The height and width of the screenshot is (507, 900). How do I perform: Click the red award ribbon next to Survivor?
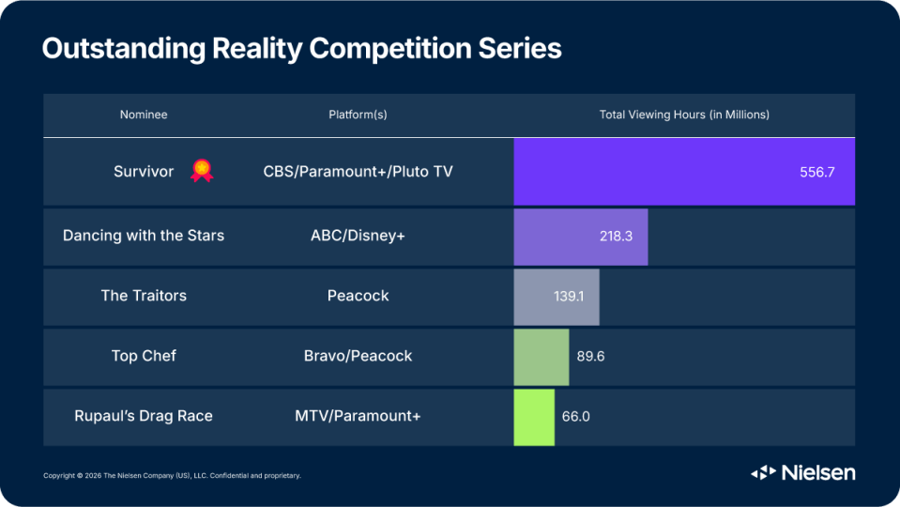click(202, 171)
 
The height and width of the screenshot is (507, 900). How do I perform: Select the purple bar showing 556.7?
click(684, 172)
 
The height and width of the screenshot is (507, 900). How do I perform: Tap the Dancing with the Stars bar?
click(581, 237)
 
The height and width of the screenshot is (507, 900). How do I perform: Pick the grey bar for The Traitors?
click(557, 297)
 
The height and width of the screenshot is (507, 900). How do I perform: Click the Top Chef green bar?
click(542, 357)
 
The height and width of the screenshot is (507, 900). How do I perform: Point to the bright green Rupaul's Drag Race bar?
click(534, 418)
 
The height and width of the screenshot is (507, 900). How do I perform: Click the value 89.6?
click(590, 357)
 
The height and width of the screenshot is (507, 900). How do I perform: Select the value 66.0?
click(575, 416)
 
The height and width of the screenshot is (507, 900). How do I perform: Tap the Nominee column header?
click(144, 115)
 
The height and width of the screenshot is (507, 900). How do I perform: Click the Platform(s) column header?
click(358, 115)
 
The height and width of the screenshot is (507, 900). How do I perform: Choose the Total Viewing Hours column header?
click(684, 115)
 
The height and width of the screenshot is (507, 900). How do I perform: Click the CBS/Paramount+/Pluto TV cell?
click(358, 172)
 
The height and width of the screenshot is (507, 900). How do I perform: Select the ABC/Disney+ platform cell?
click(358, 236)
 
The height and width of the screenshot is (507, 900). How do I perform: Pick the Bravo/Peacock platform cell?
click(358, 356)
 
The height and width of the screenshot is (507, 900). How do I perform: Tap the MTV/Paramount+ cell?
click(358, 416)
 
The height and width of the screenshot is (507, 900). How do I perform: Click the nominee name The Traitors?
click(144, 296)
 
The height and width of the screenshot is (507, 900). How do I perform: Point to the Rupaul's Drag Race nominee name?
click(144, 416)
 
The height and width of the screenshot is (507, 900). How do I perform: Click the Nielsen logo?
click(803, 472)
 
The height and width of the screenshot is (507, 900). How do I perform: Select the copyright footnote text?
click(172, 475)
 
